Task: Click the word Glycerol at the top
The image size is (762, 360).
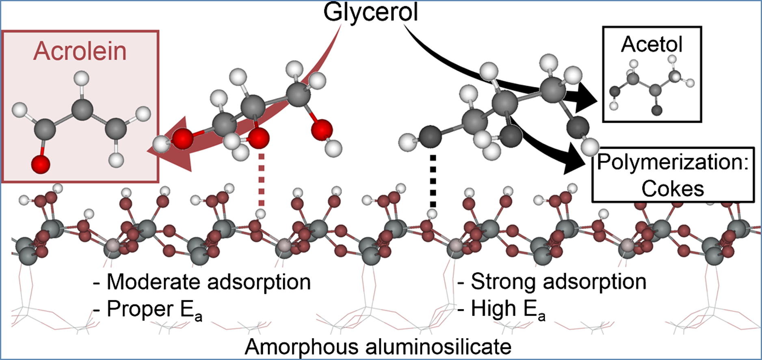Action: pyautogui.click(x=370, y=12)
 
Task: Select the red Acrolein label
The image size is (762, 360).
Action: pyautogui.click(x=80, y=51)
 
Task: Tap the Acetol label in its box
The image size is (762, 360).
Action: pyautogui.click(x=652, y=44)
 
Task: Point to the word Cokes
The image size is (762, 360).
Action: pyautogui.click(x=672, y=189)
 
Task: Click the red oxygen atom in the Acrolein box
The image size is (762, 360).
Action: pyautogui.click(x=41, y=164)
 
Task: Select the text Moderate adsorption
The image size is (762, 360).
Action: pyautogui.click(x=208, y=282)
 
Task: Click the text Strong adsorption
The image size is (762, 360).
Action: pyautogui.click(x=558, y=281)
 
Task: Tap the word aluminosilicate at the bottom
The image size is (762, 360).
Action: pyautogui.click(x=439, y=347)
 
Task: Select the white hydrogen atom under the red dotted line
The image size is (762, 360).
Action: pyautogui.click(x=260, y=214)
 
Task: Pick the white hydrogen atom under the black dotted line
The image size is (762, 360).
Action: pyautogui.click(x=433, y=214)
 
